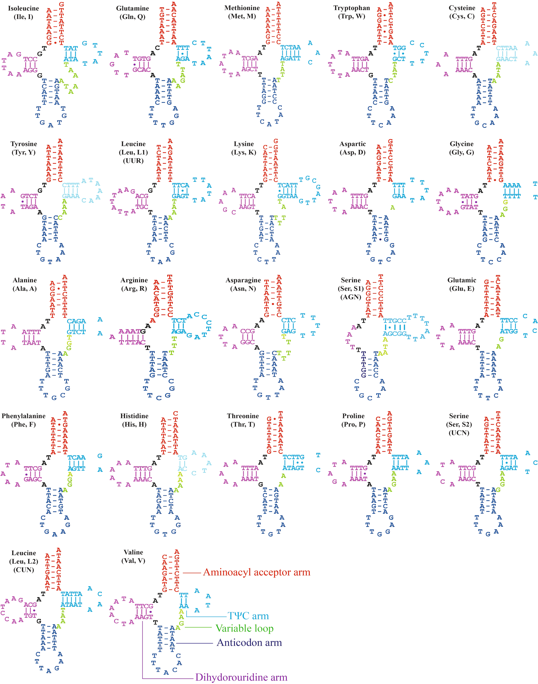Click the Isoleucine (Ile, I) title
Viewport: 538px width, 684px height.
[x=23, y=13]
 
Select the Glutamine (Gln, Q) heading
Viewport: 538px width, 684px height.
[x=132, y=13]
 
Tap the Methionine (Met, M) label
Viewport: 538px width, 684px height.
[x=242, y=12]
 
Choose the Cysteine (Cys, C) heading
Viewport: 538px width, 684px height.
[x=462, y=12]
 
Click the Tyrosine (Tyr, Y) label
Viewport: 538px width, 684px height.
[x=24, y=148]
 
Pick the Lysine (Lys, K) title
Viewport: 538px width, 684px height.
[x=243, y=148]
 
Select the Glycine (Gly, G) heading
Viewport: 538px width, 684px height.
[x=461, y=148]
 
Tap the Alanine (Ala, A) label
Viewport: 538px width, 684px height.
[x=25, y=284]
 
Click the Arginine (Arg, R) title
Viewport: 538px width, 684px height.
[x=134, y=284]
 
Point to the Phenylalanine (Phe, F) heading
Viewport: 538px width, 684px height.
[x=23, y=420]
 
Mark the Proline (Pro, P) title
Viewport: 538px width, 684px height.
[x=353, y=420]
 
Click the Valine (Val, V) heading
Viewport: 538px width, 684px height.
[x=133, y=556]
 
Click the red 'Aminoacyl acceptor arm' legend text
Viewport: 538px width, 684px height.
[x=257, y=572]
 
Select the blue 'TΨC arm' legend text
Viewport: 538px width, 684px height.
[x=248, y=616]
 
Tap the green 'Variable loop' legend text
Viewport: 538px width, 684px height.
[x=244, y=628]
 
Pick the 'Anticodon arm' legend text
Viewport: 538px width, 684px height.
[x=249, y=642]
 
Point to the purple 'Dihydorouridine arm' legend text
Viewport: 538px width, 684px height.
[x=241, y=677]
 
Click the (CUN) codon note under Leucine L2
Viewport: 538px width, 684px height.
[x=24, y=570]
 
